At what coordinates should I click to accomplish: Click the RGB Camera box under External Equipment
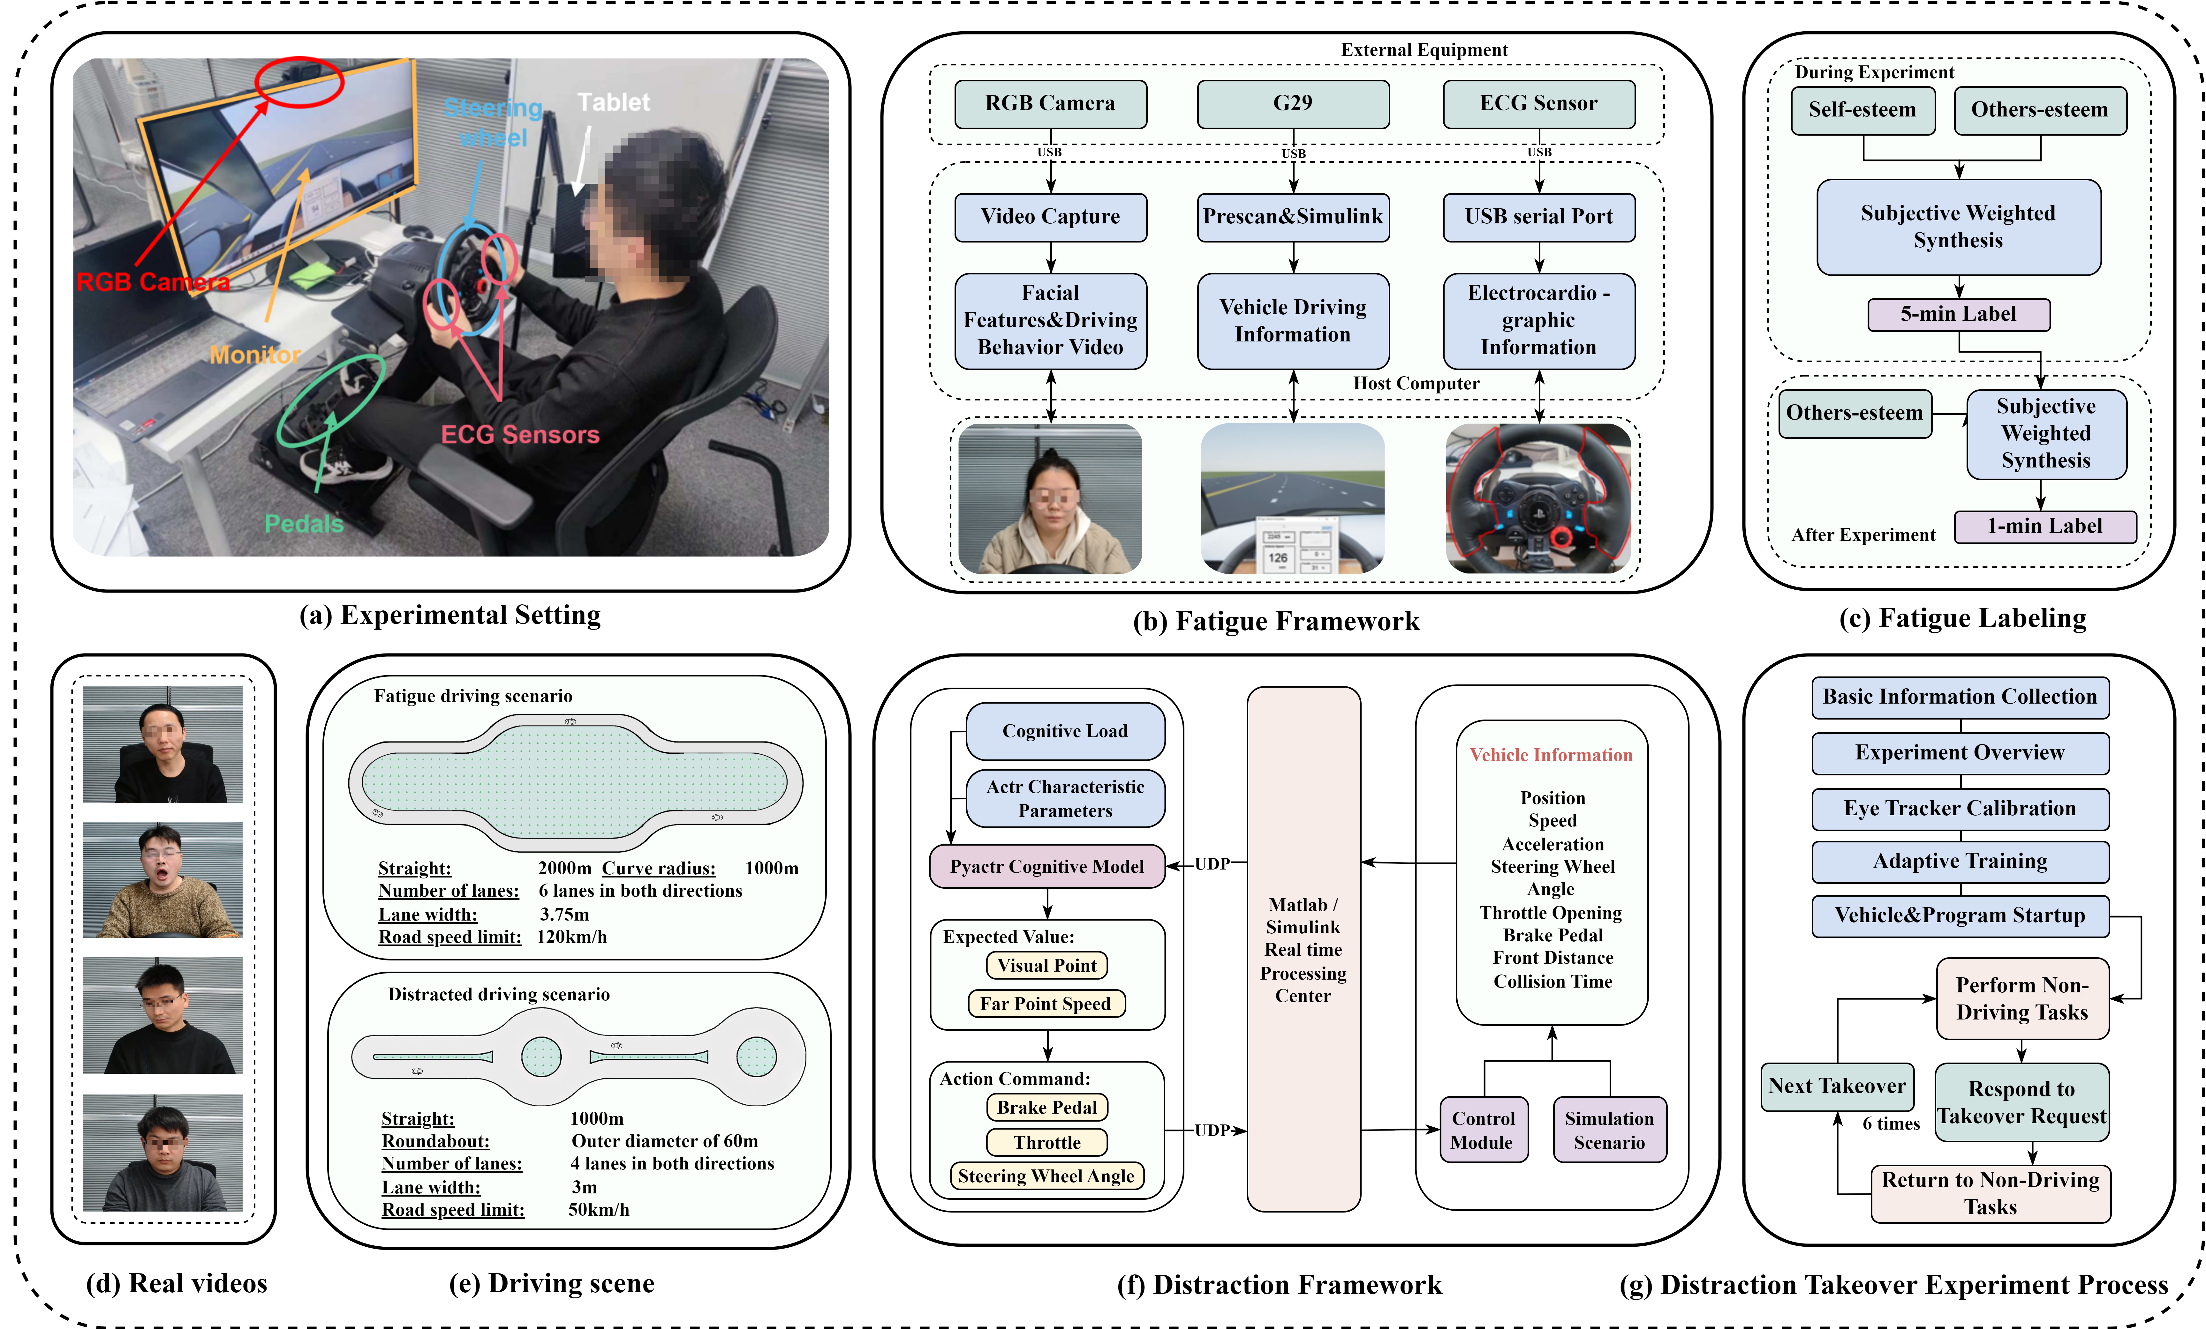click(x=1050, y=104)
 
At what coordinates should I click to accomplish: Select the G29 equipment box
click(x=1293, y=104)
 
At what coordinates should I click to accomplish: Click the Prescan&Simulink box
click(x=1293, y=217)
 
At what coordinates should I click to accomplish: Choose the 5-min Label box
click(x=1959, y=314)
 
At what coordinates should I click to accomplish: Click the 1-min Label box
click(x=2045, y=526)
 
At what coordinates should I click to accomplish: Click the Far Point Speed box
click(x=1046, y=1003)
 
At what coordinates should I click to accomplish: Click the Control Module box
click(x=1484, y=1130)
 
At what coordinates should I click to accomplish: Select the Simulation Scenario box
click(x=1610, y=1130)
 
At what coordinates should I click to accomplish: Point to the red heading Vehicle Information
click(x=1552, y=754)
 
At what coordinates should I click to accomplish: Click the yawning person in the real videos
click(x=162, y=880)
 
